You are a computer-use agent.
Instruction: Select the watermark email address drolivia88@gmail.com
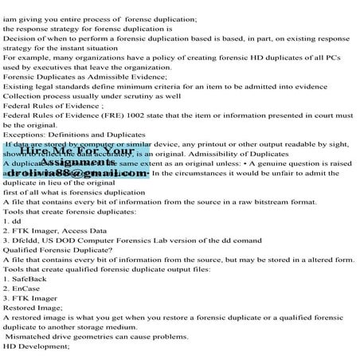(x=78, y=173)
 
